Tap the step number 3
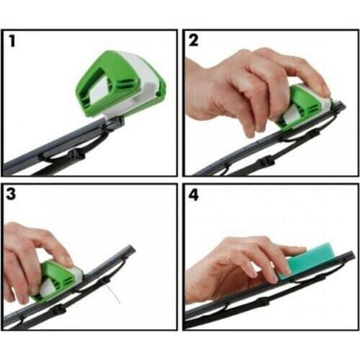(12, 195)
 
